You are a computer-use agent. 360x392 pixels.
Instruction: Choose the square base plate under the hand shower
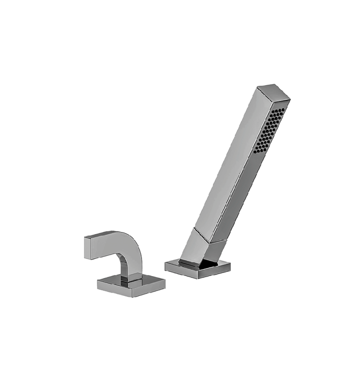pos(197,267)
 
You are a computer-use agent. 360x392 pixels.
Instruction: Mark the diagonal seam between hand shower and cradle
pos(210,235)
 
